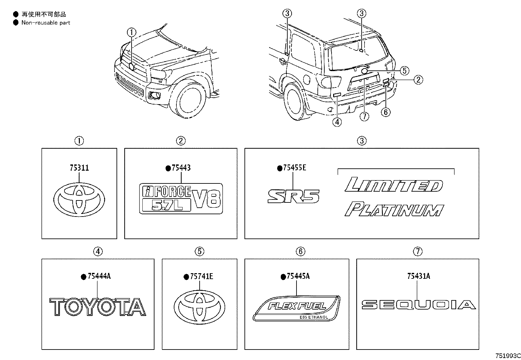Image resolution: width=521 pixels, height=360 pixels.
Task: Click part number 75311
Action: click(79, 168)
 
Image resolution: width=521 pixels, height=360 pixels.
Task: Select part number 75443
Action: click(181, 168)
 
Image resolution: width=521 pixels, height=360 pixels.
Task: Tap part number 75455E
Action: click(294, 168)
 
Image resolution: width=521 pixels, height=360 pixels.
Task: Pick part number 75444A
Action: click(99, 276)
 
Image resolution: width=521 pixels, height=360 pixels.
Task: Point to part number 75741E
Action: click(201, 276)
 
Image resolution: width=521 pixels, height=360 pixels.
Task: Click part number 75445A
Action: click(298, 276)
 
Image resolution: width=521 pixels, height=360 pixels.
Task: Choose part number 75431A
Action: click(419, 276)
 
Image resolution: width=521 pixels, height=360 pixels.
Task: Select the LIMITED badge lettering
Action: click(394, 185)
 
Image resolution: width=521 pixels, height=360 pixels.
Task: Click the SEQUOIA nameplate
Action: click(418, 305)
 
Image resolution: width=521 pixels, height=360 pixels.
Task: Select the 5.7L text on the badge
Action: click(167, 205)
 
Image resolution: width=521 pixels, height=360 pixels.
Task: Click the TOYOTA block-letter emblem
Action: click(98, 307)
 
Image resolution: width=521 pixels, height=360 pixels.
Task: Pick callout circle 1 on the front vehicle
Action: click(131, 32)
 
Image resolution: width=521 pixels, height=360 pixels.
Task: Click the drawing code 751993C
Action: click(508, 356)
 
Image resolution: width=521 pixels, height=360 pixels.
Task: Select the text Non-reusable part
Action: click(45, 23)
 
